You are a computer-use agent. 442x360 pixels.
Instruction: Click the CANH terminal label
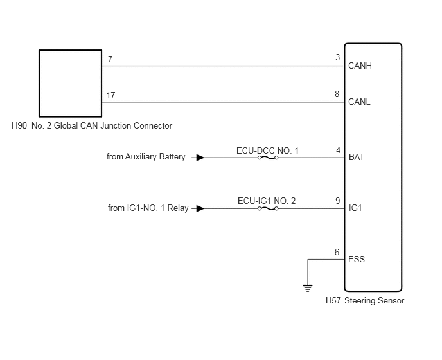coord(360,66)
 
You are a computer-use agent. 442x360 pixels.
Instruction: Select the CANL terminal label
coord(359,102)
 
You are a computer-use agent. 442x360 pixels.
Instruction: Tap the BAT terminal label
coord(357,157)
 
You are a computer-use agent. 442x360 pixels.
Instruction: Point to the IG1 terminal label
coord(355,208)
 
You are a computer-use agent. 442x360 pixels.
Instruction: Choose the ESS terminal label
coord(357,259)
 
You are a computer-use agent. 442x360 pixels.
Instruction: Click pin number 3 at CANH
coord(338,58)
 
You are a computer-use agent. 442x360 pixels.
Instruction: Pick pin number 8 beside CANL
coord(337,94)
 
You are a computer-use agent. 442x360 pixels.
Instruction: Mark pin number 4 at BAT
coord(339,150)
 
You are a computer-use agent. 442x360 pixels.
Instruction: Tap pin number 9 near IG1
coord(338,201)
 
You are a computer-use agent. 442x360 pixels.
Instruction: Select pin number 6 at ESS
coord(337,252)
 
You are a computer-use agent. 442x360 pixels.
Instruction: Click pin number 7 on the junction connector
coord(110,59)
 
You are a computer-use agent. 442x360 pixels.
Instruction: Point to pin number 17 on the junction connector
coord(110,95)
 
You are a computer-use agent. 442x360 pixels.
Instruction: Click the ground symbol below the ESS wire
coord(308,289)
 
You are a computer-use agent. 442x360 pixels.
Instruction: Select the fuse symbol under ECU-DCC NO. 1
coord(268,157)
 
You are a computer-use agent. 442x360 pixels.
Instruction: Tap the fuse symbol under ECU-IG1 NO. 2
coord(268,208)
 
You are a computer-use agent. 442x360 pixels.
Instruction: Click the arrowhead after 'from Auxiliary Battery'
coord(200,157)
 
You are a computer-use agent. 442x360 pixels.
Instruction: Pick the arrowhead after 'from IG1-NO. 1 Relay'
coord(200,208)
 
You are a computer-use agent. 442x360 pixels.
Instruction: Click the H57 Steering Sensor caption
coord(365,301)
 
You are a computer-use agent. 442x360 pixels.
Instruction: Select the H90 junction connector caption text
coord(92,126)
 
